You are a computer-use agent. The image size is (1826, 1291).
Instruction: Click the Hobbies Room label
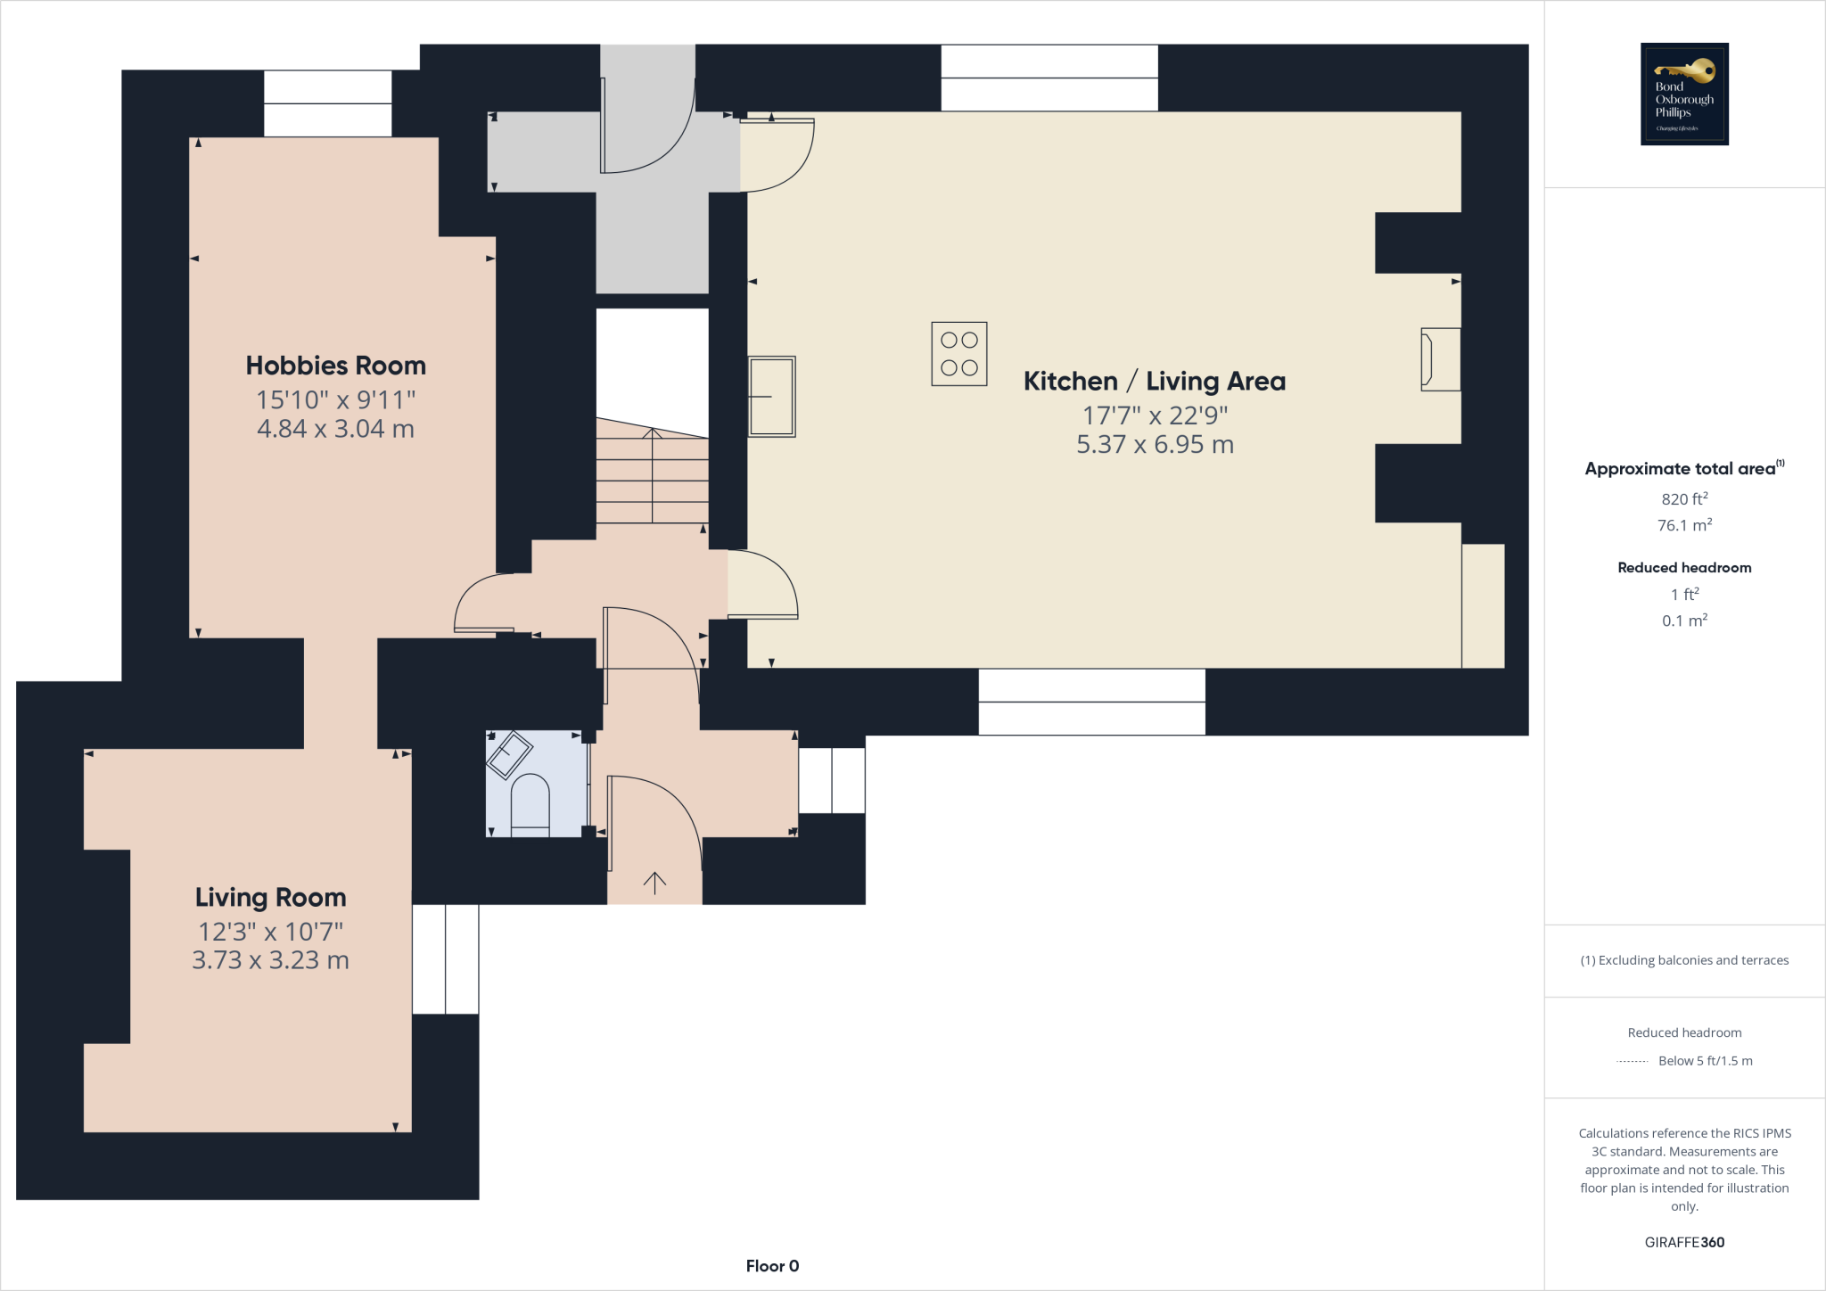[335, 366]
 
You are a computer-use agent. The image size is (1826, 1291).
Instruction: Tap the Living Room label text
[270, 897]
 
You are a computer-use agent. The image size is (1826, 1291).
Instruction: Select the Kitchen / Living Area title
[1154, 381]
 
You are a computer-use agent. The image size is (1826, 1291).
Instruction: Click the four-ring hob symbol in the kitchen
[958, 354]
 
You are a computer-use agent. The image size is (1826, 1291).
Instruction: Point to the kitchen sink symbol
[771, 397]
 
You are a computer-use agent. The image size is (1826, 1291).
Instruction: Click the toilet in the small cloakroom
[530, 805]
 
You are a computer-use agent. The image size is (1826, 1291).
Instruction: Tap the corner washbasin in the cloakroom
[509, 754]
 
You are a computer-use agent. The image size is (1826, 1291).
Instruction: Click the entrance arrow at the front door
[654, 883]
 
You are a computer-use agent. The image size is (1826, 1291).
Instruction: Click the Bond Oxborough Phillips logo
[1684, 94]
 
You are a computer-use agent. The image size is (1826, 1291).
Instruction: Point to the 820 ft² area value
[1684, 499]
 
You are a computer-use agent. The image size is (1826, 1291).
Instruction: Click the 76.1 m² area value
[1684, 525]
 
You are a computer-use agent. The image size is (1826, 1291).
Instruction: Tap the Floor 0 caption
[772, 1266]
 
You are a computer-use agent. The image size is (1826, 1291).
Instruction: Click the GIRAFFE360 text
[1684, 1242]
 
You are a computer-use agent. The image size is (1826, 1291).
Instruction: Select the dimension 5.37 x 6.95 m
[1155, 444]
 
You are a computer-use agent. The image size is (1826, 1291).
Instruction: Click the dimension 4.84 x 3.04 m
[335, 429]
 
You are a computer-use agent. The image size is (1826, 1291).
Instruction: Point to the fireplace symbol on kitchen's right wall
[1440, 359]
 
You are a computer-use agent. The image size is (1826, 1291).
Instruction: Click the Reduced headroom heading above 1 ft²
[1684, 567]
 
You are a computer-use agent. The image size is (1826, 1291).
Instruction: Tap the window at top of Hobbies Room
[327, 103]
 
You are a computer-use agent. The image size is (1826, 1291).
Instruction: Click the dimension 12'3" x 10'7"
[270, 932]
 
